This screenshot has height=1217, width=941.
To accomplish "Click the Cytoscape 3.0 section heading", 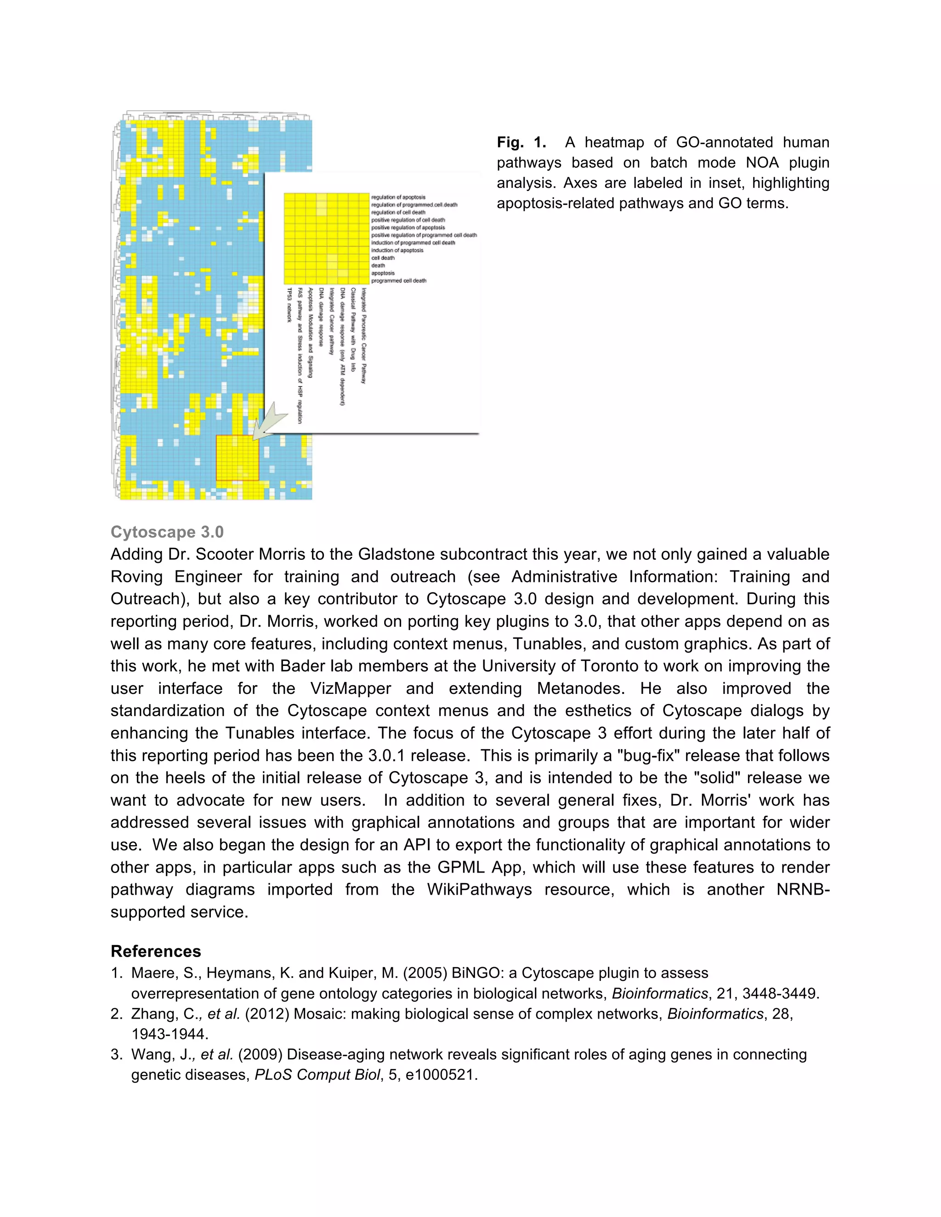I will pos(167,532).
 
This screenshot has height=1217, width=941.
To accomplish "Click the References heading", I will pos(156,951).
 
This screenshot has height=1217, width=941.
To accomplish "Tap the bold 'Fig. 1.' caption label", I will pos(521,143).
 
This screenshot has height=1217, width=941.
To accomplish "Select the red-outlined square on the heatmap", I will pos(238,457).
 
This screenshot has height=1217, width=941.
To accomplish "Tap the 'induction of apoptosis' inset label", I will pos(397,250).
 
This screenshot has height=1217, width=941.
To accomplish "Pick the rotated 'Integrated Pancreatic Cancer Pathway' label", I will pos(363,335).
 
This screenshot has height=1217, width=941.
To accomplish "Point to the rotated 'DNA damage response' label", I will pos(321,317).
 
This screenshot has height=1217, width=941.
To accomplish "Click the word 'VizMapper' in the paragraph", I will pos(351,689).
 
